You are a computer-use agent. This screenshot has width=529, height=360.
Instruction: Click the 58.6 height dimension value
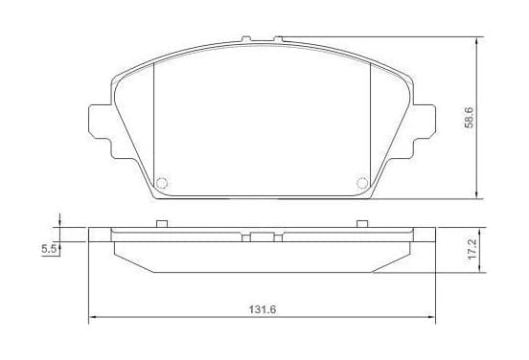tap(470, 118)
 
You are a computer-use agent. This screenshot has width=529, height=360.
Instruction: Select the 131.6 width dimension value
tap(263, 309)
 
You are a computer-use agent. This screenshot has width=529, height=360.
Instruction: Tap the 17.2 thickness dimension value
tap(471, 249)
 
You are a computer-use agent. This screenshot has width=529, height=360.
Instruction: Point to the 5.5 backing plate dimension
tap(48, 249)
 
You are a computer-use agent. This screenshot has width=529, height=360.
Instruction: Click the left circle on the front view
tap(162, 183)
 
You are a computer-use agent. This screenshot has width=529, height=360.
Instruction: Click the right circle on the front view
tap(362, 183)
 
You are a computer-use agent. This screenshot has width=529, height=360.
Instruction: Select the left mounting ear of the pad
tap(100, 122)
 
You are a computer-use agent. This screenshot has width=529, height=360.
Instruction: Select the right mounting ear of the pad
tap(425, 122)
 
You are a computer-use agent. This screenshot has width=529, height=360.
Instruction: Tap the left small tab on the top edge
tap(246, 38)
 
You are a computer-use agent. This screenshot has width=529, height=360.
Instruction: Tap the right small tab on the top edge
tap(278, 39)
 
